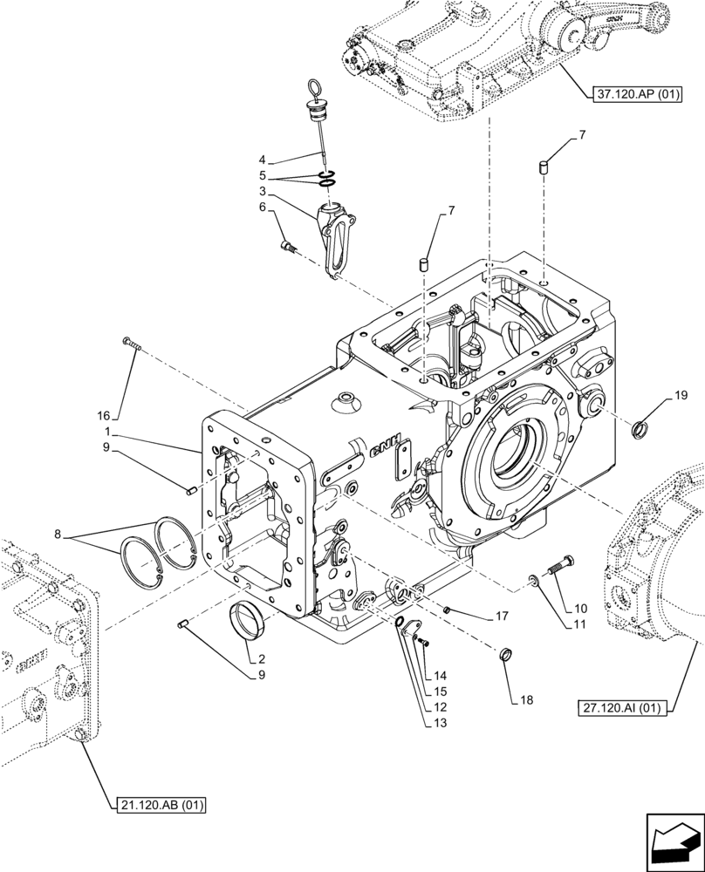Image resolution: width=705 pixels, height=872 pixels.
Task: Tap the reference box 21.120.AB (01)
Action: (x=159, y=806)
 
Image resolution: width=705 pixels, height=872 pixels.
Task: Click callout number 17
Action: (x=501, y=616)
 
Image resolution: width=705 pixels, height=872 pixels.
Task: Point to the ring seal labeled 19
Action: (x=640, y=427)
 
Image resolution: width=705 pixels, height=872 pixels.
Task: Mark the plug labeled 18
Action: (x=504, y=655)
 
